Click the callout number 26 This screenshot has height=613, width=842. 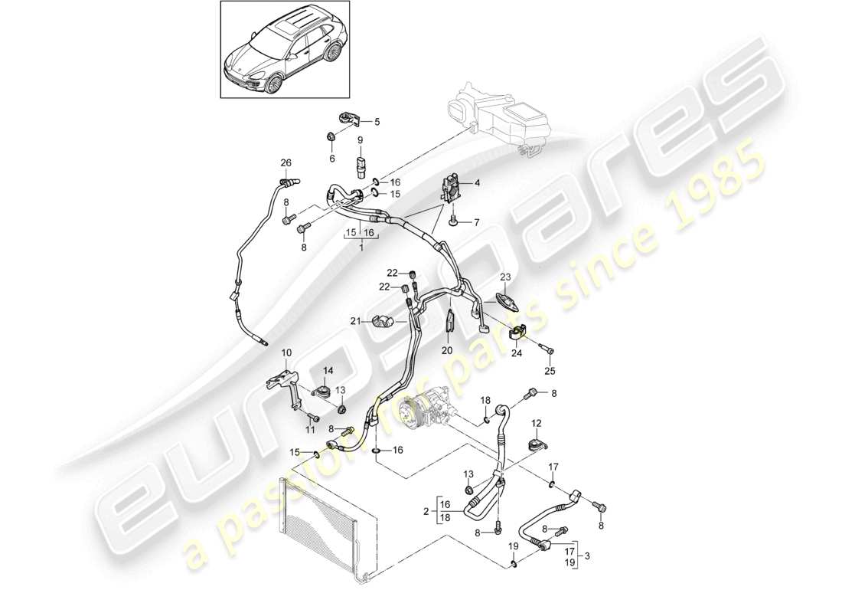pos(286,162)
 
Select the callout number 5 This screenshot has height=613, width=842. pos(377,122)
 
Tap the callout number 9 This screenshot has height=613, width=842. pos(360,140)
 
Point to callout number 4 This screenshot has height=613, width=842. pos(477,182)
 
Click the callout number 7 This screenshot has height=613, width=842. pos(477,222)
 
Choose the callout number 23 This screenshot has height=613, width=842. pos(504,277)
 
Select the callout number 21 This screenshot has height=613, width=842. pos(355,321)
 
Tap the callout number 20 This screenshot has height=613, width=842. pos(447,350)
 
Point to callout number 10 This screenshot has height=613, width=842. pos(287,352)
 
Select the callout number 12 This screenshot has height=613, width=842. pos(536,423)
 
